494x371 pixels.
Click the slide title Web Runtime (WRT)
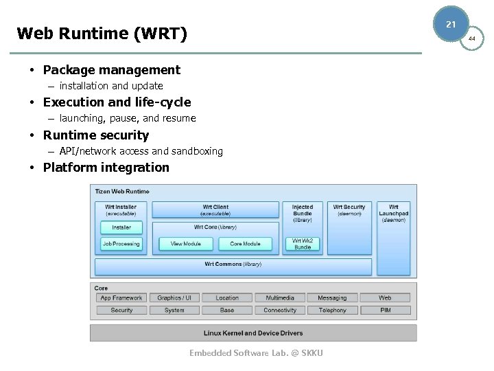tap(102, 33)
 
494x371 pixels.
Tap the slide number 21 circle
tap(451, 24)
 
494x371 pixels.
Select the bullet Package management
tap(111, 69)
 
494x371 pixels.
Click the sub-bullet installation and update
tap(110, 86)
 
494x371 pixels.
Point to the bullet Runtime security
tap(95, 135)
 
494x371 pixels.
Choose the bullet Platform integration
tap(106, 167)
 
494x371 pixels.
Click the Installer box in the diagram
tap(121, 227)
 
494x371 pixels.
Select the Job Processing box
tap(121, 244)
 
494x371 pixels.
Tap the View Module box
tap(186, 244)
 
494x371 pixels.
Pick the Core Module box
tap(245, 244)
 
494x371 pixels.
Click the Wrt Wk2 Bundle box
tap(303, 244)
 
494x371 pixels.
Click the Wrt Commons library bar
tap(233, 265)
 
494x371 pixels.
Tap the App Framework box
tap(121, 297)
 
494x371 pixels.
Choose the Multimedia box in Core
tap(280, 297)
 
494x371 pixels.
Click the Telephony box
tap(333, 310)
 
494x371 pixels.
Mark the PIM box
tap(386, 310)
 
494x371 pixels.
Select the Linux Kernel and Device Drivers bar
tap(253, 333)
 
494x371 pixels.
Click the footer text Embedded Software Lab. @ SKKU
tap(256, 353)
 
